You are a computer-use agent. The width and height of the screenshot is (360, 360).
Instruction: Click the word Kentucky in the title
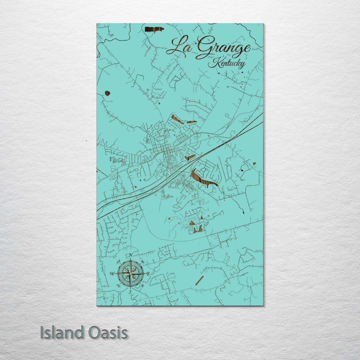(x=227, y=63)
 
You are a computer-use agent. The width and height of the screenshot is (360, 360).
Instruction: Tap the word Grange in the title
(x=223, y=49)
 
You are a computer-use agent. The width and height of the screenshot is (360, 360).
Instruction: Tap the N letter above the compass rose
(x=131, y=255)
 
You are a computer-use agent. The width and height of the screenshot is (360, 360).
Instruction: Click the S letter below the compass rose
(x=130, y=292)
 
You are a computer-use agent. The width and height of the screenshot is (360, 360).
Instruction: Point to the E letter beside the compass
(x=148, y=274)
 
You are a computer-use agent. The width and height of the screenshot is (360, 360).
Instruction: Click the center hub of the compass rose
(x=131, y=274)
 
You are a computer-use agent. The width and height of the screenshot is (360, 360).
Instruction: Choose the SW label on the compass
(x=119, y=286)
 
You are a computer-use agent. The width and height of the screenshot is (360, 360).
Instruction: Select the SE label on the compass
(x=142, y=286)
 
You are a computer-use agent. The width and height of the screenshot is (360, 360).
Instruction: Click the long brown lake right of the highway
(x=203, y=179)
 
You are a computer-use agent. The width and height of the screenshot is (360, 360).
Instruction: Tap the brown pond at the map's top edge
(x=154, y=29)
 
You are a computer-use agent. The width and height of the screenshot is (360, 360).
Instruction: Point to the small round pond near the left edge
(x=107, y=93)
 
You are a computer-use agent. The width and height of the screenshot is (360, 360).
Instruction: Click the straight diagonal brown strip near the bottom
(x=199, y=280)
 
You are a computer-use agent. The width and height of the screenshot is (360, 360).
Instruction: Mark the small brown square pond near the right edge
(x=254, y=164)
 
